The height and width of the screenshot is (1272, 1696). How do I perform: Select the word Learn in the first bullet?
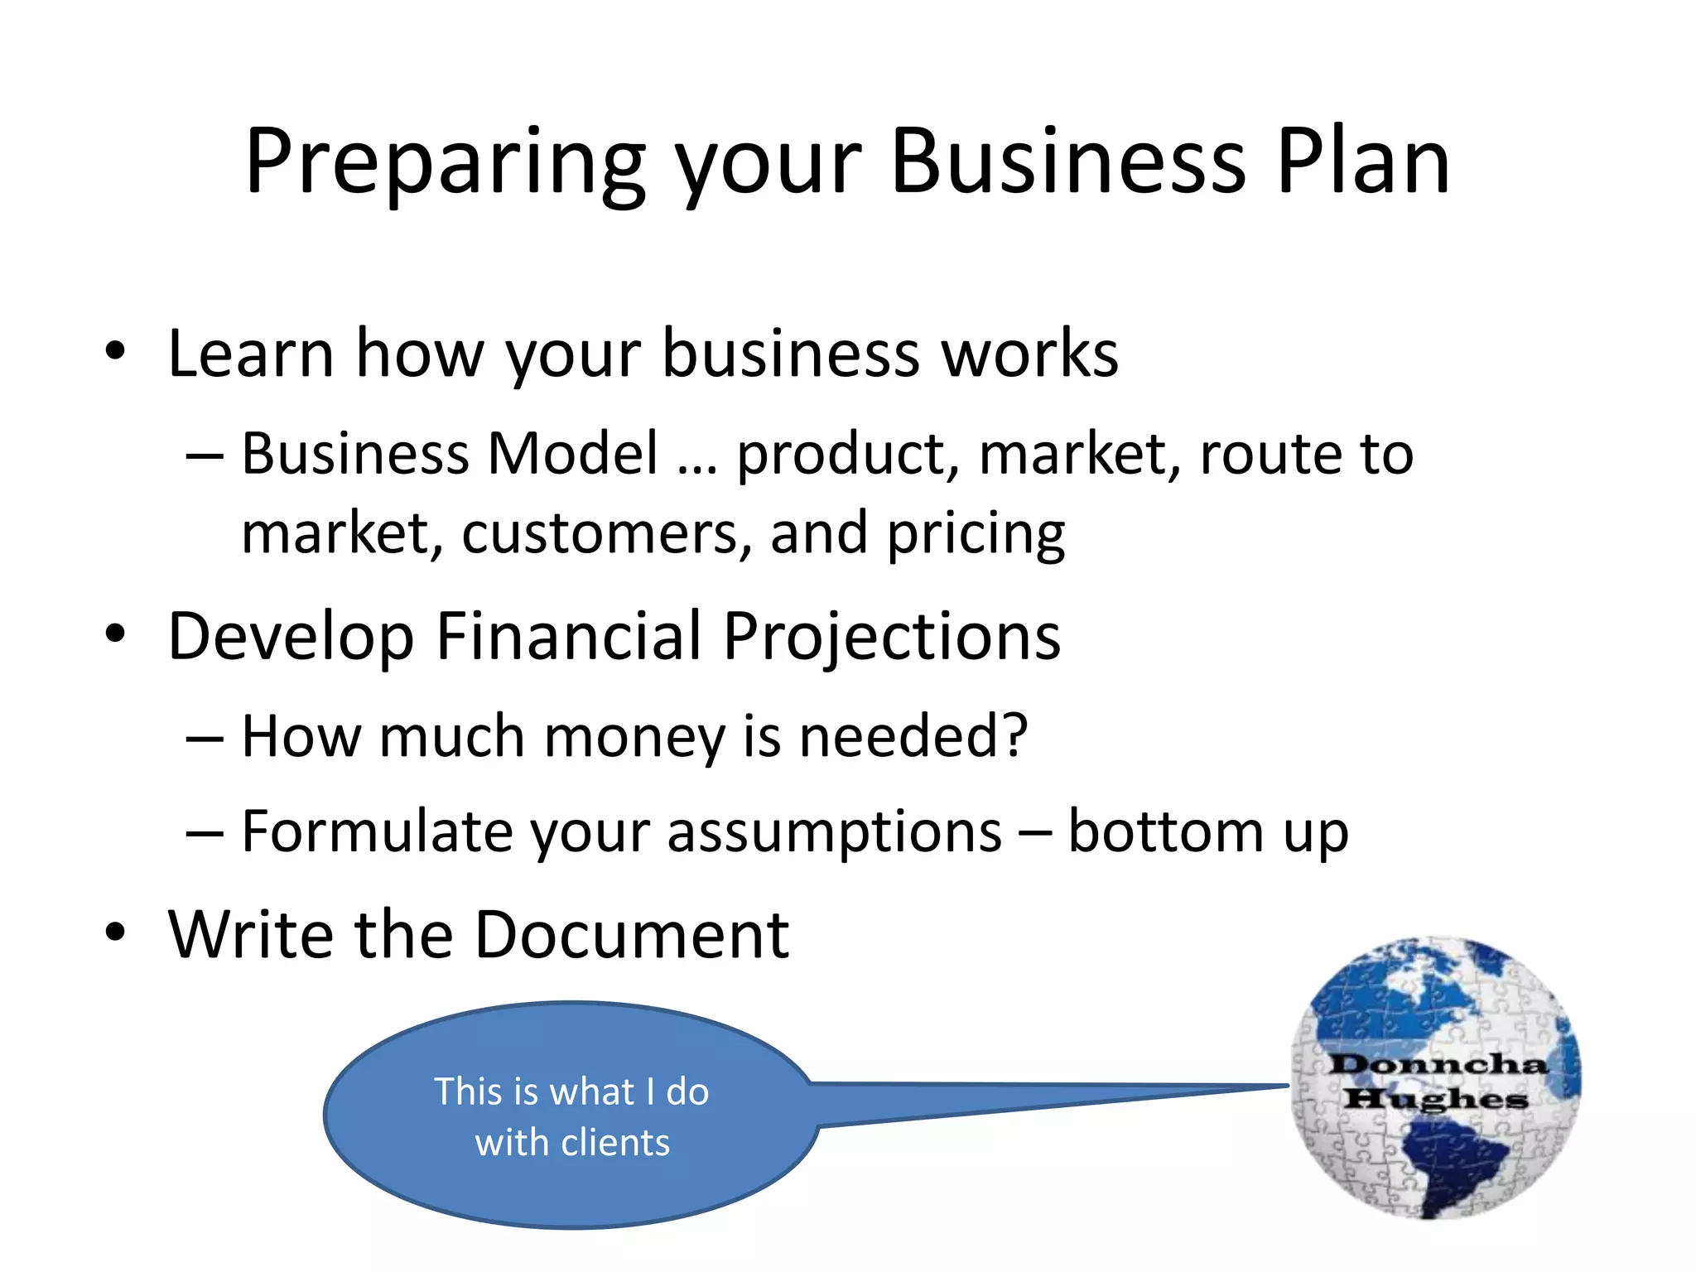tap(251, 354)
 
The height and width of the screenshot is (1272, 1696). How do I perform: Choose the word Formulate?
tap(377, 831)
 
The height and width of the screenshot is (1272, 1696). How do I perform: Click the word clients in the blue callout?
tap(614, 1143)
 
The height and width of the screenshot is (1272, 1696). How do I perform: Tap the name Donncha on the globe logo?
tap(1438, 1064)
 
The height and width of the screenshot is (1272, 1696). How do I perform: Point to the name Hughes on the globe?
tap(1435, 1100)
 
